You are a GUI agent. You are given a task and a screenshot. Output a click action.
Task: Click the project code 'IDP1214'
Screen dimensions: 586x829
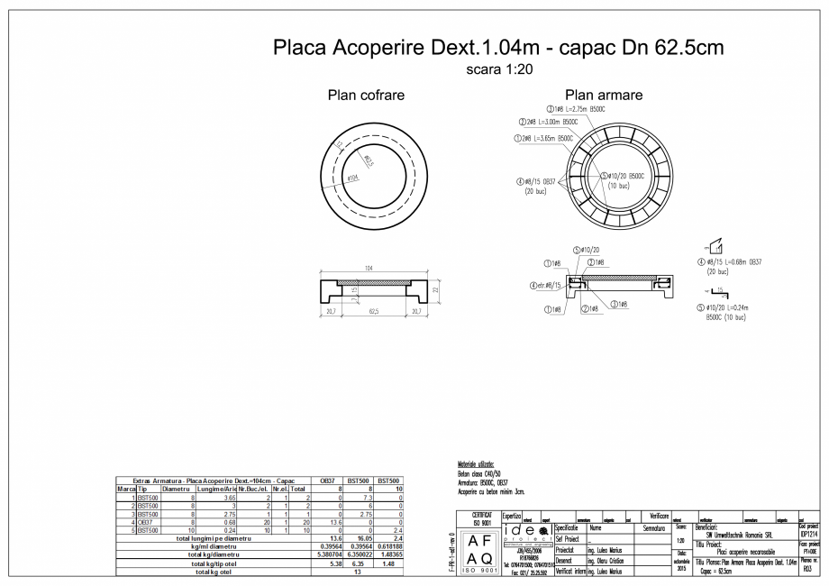coord(807,532)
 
